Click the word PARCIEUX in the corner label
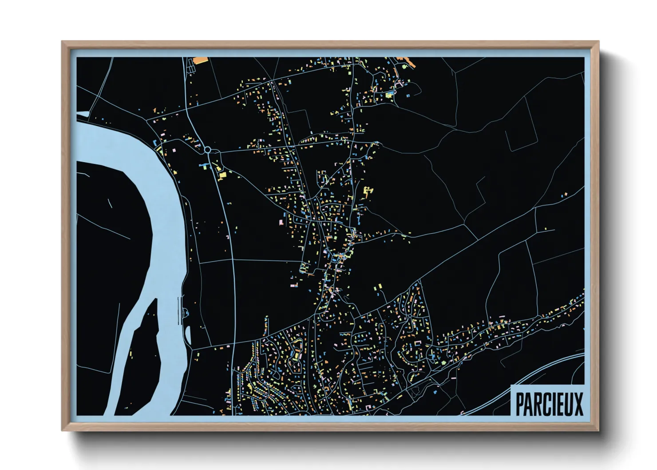coord(549,403)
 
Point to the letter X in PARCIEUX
coord(578,403)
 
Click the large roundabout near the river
coord(207,150)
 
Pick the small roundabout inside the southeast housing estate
coord(416,391)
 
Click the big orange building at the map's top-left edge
coord(201,60)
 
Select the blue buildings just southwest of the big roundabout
coord(203,166)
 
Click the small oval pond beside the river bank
coord(187,335)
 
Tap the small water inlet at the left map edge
coord(83,115)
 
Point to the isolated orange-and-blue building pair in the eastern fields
coord(565,195)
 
